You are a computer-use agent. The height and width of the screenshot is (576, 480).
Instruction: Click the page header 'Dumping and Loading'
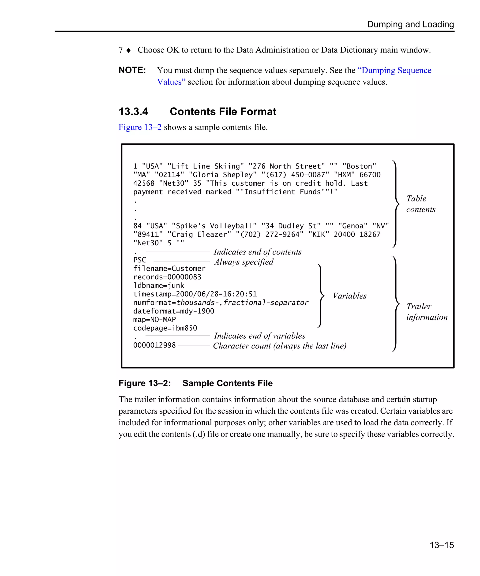[410, 24]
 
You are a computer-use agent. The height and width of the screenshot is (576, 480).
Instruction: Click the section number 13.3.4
[133, 112]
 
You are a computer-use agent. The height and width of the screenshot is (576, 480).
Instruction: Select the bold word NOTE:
[132, 70]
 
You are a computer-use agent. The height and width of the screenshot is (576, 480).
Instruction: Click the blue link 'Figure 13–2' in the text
[140, 127]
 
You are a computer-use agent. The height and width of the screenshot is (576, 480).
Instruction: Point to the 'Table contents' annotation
[420, 204]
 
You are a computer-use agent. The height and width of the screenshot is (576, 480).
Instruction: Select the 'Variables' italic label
[349, 296]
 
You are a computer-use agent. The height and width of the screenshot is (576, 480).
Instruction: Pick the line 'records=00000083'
[167, 277]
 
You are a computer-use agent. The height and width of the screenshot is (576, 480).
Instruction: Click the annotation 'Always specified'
[244, 262]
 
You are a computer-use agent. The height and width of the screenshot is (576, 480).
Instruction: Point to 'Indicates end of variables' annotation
[259, 336]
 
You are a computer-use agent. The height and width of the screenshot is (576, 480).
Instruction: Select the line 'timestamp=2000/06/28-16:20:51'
[195, 294]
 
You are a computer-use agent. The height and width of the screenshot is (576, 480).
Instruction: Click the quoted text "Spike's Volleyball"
[214, 226]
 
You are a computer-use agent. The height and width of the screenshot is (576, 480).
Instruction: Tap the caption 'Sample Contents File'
[227, 383]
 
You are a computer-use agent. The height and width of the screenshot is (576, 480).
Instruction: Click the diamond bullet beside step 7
[128, 50]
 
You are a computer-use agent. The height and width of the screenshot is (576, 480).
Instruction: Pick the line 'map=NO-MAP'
[154, 320]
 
